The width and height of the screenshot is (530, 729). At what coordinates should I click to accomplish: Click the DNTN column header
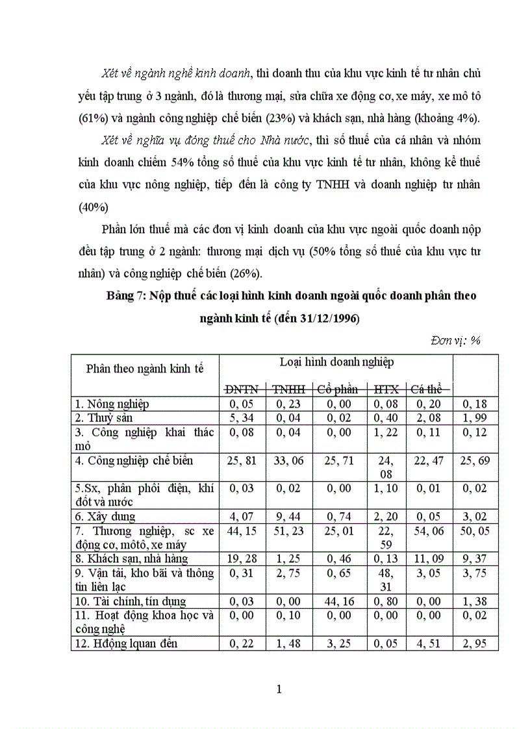242,389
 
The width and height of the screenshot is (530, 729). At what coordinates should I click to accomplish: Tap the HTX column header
386,389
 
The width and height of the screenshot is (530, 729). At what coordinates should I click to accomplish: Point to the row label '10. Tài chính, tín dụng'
131,601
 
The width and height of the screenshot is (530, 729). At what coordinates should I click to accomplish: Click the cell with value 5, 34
242,418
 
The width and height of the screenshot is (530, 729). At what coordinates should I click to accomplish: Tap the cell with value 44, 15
242,531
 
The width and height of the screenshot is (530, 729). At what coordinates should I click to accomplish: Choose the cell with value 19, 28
242,558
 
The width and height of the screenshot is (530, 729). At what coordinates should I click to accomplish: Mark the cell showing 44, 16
338,601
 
